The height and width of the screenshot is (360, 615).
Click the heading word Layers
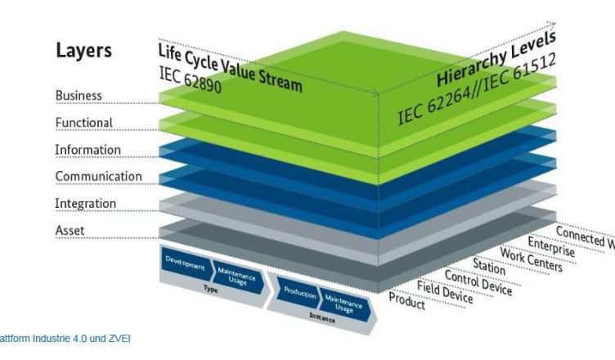(83, 51)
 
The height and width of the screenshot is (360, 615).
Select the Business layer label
(79, 96)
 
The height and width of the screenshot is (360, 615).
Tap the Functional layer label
(83, 123)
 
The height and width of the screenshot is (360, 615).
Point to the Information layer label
(88, 151)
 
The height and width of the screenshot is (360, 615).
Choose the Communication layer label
(98, 177)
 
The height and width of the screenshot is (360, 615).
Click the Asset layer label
(70, 231)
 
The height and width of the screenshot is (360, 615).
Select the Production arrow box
(299, 290)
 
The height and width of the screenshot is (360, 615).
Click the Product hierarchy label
(407, 300)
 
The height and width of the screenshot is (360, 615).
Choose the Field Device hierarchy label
(445, 291)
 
